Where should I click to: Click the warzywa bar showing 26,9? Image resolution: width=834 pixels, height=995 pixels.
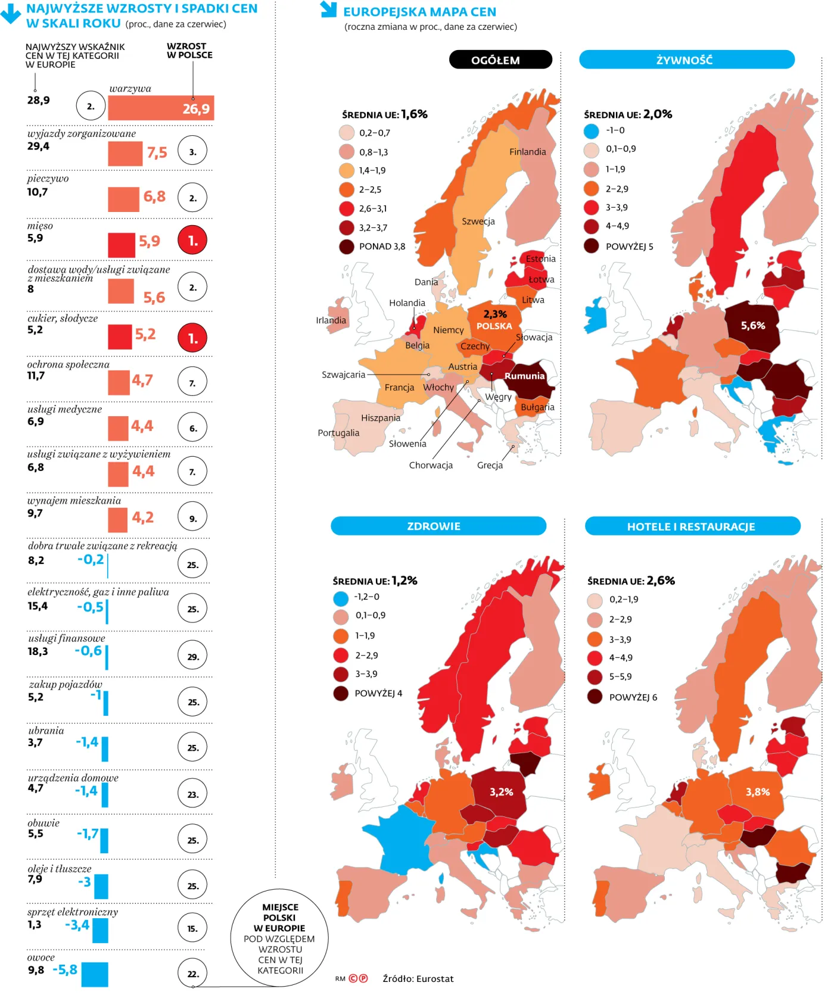(160, 108)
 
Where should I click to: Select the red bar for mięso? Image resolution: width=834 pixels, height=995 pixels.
(121, 245)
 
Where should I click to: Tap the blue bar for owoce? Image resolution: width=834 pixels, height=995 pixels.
(95, 974)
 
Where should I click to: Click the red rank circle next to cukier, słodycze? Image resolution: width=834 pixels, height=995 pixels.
(192, 338)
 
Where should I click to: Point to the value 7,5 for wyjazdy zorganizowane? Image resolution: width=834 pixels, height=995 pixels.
(157, 153)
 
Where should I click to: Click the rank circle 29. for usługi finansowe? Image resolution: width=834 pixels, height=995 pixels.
(192, 656)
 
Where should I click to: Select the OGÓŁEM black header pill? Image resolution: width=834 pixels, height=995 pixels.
(500, 60)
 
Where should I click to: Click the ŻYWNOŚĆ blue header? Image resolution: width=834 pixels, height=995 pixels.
(686, 60)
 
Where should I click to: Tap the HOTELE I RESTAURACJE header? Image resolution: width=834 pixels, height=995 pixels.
(692, 526)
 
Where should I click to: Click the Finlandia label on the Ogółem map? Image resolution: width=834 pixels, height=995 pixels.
(527, 152)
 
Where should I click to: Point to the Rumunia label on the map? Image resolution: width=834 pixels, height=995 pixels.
(524, 376)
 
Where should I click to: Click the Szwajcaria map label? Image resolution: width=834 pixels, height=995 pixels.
(343, 375)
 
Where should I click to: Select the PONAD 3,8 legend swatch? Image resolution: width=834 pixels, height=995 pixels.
(347, 247)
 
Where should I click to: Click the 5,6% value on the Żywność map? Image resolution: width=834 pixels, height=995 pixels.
(753, 326)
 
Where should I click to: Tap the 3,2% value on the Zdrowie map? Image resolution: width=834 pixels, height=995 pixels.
(501, 792)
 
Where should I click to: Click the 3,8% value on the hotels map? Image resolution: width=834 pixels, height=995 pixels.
(758, 792)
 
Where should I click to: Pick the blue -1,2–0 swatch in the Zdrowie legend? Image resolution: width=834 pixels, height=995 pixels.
(341, 598)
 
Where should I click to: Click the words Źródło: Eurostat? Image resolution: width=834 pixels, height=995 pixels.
(418, 978)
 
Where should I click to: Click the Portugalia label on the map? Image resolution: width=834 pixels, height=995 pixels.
(338, 433)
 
